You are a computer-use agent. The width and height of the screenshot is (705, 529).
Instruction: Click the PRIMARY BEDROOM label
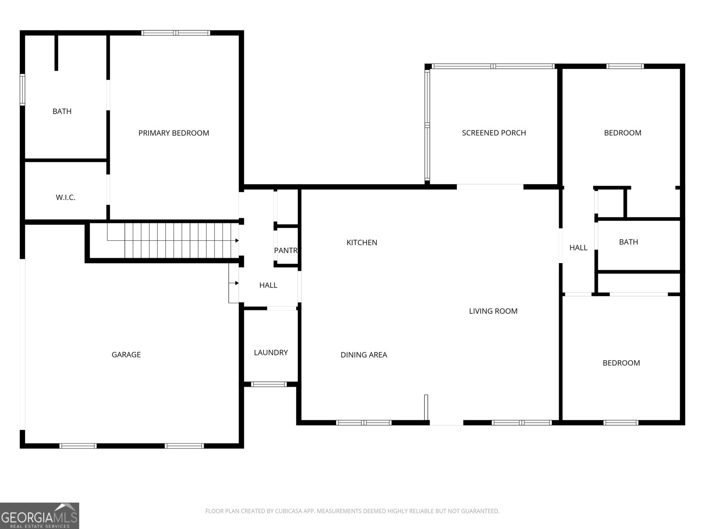(x=174, y=133)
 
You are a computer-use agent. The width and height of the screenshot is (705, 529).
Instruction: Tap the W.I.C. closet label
(x=66, y=197)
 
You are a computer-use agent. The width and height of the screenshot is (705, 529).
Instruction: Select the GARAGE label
(x=126, y=354)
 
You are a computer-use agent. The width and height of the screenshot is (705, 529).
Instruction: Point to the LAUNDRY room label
(x=271, y=353)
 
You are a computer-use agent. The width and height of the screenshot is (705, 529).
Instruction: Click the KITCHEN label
(x=362, y=242)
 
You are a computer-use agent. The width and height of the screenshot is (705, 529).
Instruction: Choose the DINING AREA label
(x=364, y=355)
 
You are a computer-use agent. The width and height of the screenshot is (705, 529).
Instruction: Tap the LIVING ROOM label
(x=493, y=311)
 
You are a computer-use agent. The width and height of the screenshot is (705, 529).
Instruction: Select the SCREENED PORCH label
(x=493, y=133)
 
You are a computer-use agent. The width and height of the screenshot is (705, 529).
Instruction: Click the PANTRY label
(x=287, y=250)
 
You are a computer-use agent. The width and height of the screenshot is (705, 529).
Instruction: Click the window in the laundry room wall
(x=268, y=384)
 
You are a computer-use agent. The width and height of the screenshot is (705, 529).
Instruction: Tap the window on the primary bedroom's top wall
(x=176, y=33)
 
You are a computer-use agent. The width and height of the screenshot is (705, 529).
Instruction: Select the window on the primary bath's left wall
(x=22, y=89)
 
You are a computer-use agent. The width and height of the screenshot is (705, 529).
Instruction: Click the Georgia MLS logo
(x=40, y=516)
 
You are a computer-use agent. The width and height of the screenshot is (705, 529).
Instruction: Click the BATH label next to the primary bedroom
(x=62, y=112)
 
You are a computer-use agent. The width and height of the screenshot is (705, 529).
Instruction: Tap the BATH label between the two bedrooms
(x=629, y=242)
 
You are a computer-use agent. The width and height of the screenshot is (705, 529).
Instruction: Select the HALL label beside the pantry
(x=268, y=285)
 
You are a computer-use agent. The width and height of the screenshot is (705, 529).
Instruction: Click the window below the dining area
(x=364, y=423)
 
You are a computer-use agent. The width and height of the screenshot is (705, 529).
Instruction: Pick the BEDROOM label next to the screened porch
(x=623, y=133)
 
